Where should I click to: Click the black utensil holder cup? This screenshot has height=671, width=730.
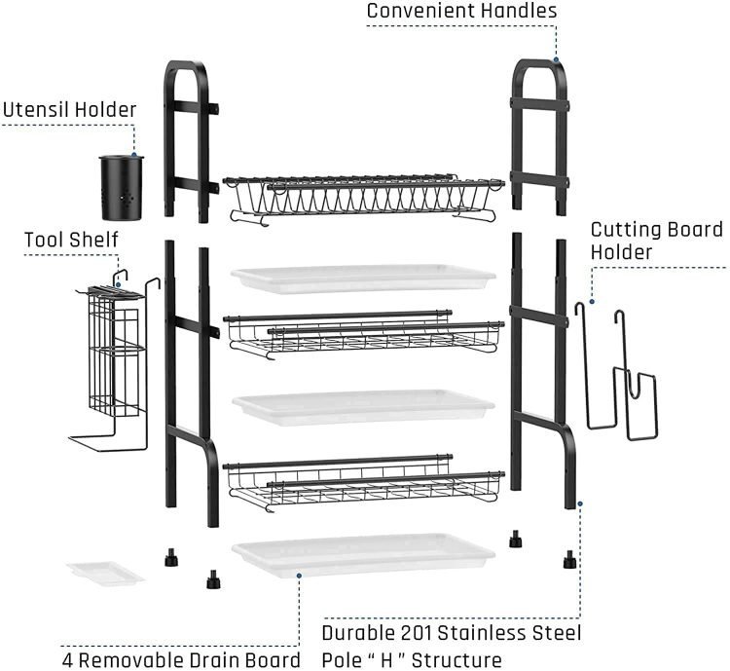(x=122, y=188)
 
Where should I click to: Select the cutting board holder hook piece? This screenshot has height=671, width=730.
(x=616, y=371)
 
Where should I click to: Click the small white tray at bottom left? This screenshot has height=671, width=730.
(x=105, y=573)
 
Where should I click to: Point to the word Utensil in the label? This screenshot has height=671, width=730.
(x=36, y=110)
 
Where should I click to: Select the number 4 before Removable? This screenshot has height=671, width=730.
(x=68, y=660)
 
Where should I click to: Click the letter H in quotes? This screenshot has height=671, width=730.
(x=386, y=660)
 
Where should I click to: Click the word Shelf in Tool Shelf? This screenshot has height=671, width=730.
(x=95, y=240)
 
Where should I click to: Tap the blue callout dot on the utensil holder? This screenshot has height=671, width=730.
(x=134, y=155)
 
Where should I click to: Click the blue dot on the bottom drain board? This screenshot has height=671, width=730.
(x=299, y=576)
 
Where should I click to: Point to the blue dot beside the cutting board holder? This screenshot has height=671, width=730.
(x=592, y=302)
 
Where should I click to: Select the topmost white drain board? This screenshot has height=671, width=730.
(x=363, y=279)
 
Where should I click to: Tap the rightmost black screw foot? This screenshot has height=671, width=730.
(x=569, y=559)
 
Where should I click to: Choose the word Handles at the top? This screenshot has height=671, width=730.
(x=527, y=11)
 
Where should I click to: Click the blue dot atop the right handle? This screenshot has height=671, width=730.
(x=556, y=59)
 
